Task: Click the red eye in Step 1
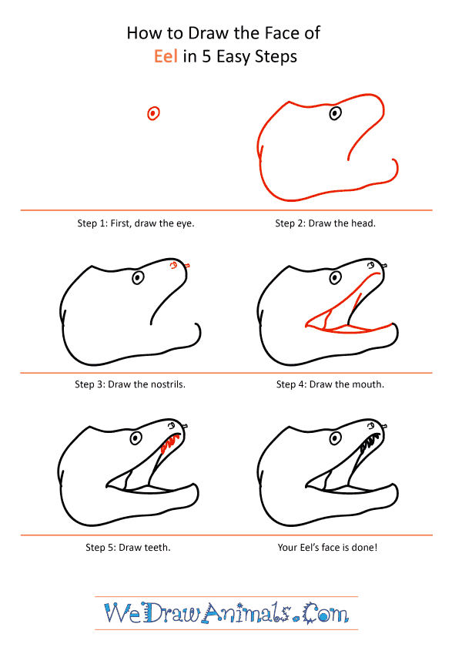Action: coord(153,114)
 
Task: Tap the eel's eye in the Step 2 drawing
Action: coord(335,114)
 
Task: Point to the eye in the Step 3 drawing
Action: coord(138,277)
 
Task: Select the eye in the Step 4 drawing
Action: coord(334,277)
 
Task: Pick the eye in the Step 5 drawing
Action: coord(136,438)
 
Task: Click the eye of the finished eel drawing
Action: coord(334,438)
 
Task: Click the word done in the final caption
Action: coord(363,548)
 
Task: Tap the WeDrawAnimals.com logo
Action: coord(226,614)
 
